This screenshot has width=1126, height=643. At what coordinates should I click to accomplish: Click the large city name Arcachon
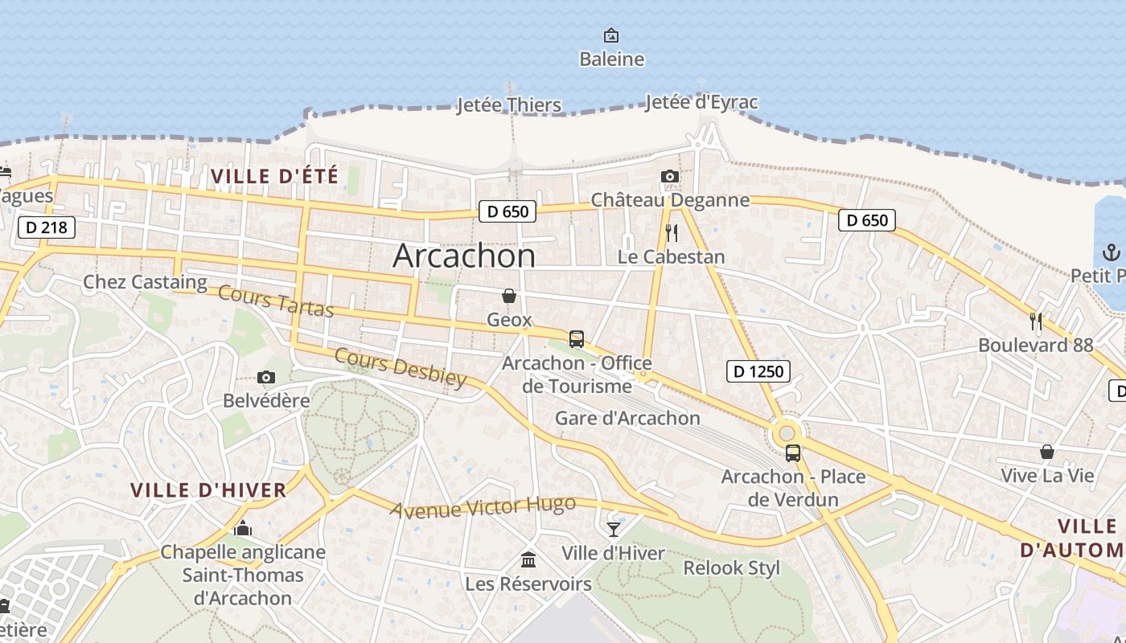point(464,256)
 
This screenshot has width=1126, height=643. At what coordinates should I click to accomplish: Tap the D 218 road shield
point(47,227)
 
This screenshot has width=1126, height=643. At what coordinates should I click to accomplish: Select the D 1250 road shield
point(758,371)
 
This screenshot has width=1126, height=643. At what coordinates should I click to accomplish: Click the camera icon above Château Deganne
point(669,176)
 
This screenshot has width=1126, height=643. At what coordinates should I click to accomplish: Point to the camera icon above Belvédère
point(266,377)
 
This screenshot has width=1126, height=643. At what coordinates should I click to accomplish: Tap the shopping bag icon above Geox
point(508,296)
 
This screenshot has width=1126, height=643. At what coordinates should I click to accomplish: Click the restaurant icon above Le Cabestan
point(672,233)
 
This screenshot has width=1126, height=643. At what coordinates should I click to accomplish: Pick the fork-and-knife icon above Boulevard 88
point(1036,321)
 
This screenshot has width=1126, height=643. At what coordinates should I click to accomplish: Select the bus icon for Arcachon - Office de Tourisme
point(577,339)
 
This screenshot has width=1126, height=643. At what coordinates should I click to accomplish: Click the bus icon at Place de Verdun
point(793,453)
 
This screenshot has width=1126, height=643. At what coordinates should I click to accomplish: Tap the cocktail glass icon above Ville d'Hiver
point(614,529)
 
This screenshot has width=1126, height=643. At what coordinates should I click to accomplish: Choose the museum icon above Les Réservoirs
point(528,559)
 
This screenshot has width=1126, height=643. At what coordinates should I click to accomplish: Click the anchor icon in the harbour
point(1111,252)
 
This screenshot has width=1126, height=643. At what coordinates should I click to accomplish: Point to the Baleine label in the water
point(612,59)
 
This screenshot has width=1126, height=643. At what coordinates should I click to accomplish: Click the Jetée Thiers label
point(508,104)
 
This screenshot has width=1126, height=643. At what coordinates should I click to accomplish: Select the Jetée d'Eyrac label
point(701,102)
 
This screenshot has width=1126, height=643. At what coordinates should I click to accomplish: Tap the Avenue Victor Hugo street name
point(483,506)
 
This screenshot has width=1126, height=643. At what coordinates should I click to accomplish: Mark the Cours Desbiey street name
point(401,367)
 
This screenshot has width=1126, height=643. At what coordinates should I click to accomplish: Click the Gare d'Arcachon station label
point(627,418)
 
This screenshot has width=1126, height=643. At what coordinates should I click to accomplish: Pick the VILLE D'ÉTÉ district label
point(274,175)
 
